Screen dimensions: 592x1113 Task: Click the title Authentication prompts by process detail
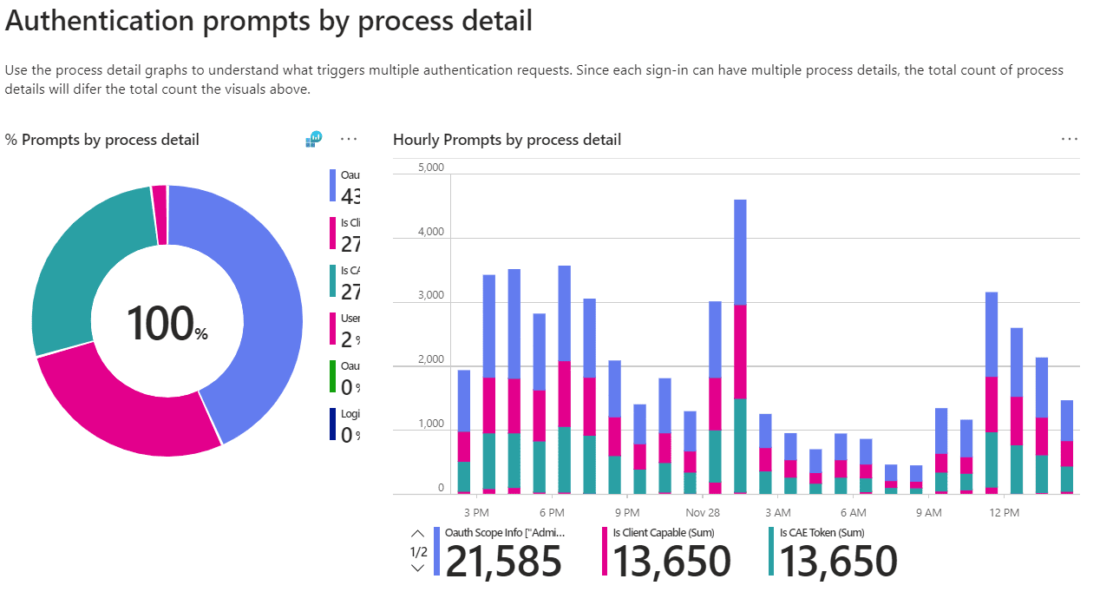pos(269,22)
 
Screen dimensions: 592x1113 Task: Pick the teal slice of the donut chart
pos(78,269)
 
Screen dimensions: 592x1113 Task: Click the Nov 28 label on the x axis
pos(702,512)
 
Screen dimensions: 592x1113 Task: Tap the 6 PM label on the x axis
pos(551,512)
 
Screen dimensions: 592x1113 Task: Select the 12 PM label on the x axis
pos(1004,512)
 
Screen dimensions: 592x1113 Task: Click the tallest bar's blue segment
pos(740,252)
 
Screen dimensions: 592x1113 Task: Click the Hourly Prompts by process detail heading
pos(507,140)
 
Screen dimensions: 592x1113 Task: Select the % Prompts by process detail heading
pos(102,140)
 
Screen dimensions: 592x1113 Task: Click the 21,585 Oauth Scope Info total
pos(503,562)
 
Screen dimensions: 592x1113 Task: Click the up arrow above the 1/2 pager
pos(417,534)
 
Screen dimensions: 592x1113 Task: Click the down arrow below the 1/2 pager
pos(417,569)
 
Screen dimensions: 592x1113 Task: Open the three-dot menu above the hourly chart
pos(1070,139)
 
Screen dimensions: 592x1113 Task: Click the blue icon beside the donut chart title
pos(313,139)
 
